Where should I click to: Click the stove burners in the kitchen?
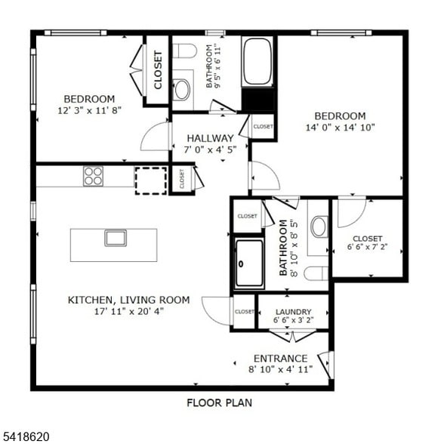(x=93, y=176)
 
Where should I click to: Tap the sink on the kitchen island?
(x=115, y=238)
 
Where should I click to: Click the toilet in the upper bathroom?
(x=184, y=51)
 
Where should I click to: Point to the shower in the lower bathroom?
(x=248, y=263)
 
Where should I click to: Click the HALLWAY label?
(x=210, y=138)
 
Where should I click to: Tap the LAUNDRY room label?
(x=294, y=311)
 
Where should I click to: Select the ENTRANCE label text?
(x=280, y=358)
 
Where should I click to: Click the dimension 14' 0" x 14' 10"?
(x=340, y=128)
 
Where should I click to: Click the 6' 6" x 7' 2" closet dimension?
(x=367, y=247)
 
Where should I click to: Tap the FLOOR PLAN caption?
(x=219, y=402)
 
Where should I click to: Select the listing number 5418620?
(x=25, y=436)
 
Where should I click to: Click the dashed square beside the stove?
(x=150, y=180)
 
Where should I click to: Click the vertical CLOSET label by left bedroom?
(x=158, y=70)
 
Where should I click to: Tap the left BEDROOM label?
(x=89, y=99)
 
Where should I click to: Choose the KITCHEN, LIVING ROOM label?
(x=128, y=300)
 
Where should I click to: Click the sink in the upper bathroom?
(x=182, y=90)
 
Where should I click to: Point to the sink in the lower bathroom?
(x=319, y=226)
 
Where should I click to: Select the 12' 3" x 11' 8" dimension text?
(x=89, y=111)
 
